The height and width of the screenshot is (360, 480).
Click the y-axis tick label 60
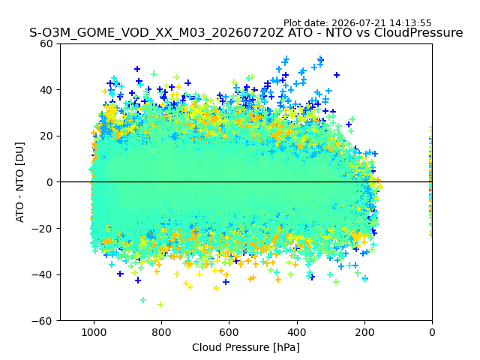pos(46,43)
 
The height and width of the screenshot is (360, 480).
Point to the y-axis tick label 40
pos(46,90)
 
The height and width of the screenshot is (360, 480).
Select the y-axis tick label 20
pos(46,136)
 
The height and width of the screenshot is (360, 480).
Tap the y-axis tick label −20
pos(42,229)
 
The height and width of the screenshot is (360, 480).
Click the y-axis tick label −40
pos(42,275)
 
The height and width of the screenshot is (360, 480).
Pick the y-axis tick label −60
pos(42,321)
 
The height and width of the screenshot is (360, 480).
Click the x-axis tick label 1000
pos(94,332)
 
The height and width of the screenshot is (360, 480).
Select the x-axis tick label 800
pos(162,332)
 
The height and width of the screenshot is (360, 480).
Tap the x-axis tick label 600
pos(229,332)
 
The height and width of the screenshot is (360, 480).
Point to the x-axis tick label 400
pos(297,332)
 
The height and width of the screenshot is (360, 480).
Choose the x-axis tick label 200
pos(364,332)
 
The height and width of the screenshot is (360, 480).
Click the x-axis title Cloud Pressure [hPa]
pos(246,347)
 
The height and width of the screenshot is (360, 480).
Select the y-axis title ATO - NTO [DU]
pos(20,182)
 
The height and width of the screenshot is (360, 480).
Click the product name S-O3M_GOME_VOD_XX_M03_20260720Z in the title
pos(157,32)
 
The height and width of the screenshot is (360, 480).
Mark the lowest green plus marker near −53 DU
pos(160,304)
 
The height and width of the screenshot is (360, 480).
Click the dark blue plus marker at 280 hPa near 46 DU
pos(337,75)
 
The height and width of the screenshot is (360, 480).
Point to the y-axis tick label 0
pos(49,182)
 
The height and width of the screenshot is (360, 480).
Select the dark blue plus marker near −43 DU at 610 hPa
pos(226,282)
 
